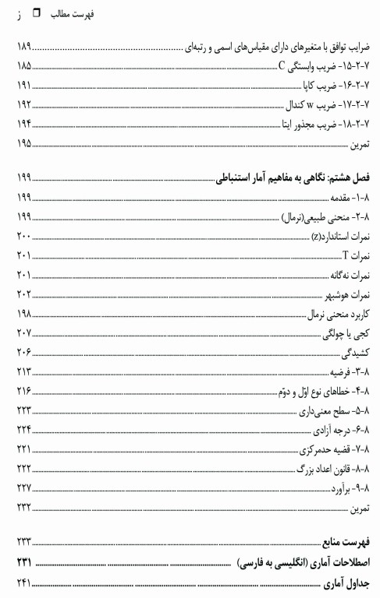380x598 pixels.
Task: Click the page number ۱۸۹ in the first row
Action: [23, 51]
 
